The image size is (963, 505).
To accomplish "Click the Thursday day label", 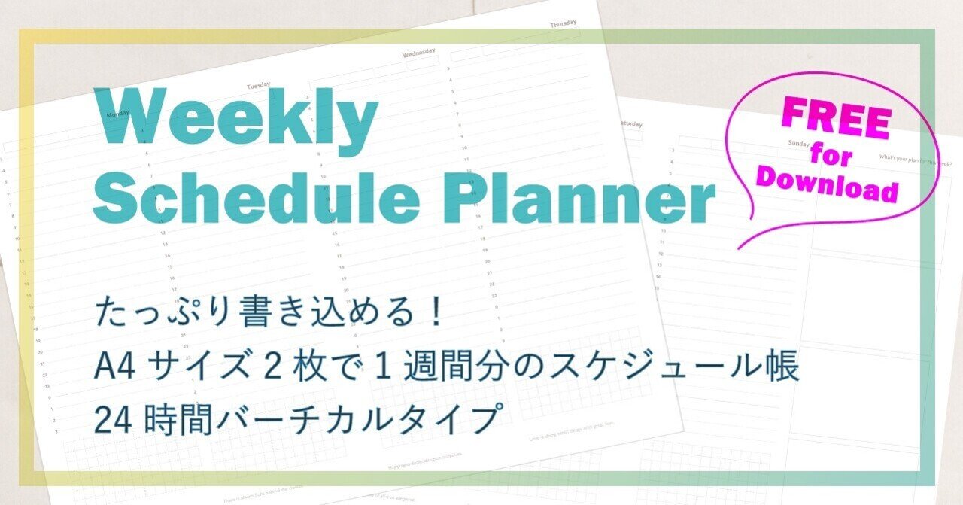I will click(563, 24).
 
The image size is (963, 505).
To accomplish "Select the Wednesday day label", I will click(418, 53).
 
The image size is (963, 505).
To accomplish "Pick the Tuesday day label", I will click(258, 85).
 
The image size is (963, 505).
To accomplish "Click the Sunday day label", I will click(797, 142).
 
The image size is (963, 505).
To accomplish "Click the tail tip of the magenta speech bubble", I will click(739, 248).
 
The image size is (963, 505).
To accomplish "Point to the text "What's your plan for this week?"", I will click(915, 160).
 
